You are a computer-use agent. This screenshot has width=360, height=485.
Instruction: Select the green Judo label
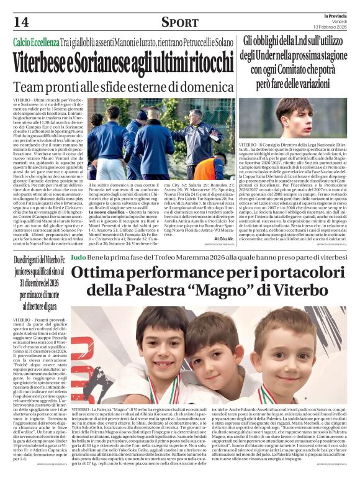[x=78, y=256]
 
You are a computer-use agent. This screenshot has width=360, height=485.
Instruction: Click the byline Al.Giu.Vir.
[x=223, y=238]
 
